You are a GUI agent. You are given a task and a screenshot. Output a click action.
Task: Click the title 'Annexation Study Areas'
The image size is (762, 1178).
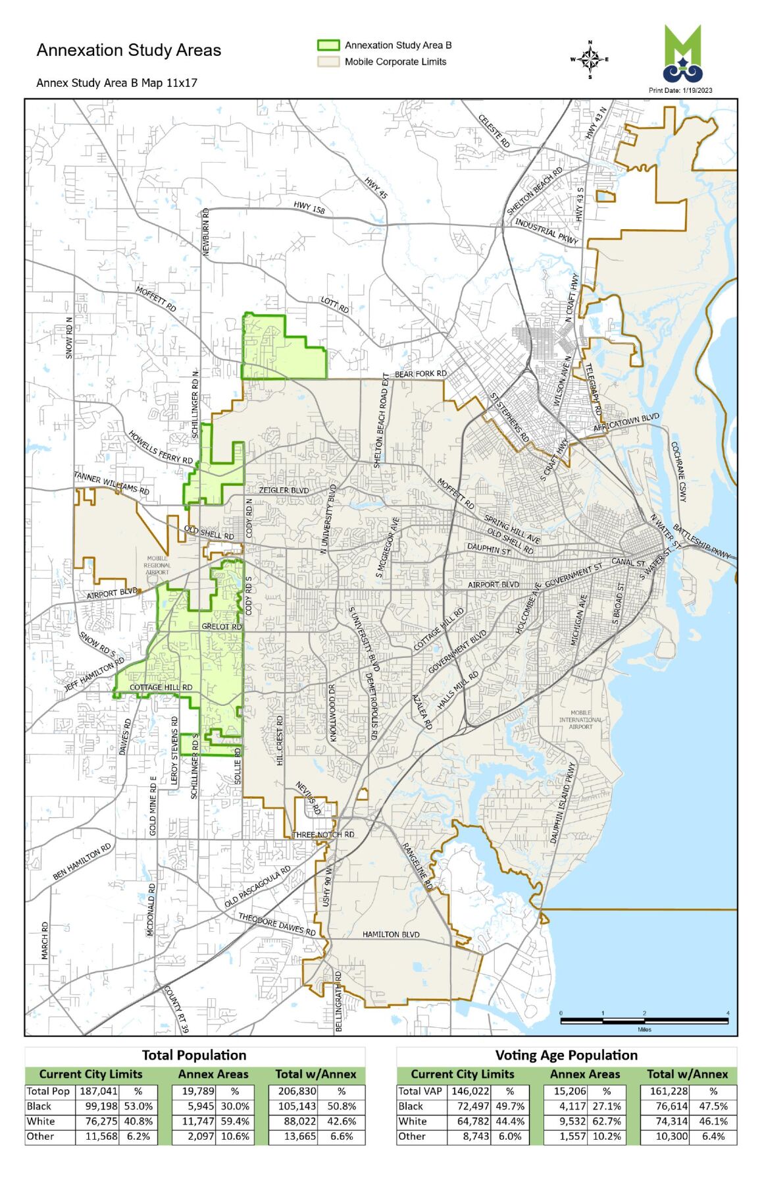click(x=129, y=50)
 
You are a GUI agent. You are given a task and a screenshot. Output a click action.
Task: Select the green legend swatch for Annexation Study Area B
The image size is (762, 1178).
click(x=328, y=45)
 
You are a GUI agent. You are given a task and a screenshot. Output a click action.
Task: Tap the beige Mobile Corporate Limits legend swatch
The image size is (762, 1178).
click(x=328, y=62)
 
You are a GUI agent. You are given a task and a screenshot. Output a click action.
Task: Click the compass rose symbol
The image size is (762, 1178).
click(x=590, y=60)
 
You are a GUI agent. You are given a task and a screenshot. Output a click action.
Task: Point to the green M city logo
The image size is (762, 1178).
click(x=682, y=53)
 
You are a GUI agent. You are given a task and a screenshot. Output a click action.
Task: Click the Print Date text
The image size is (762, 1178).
click(x=680, y=90)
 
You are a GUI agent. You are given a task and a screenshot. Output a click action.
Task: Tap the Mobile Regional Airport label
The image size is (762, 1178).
click(x=157, y=565)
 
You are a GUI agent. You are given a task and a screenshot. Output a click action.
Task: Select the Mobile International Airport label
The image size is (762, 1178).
click(x=580, y=720)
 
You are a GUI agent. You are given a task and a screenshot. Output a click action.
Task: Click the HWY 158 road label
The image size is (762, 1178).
click(x=309, y=208)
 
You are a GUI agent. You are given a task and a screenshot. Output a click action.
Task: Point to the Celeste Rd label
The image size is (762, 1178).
click(x=494, y=130)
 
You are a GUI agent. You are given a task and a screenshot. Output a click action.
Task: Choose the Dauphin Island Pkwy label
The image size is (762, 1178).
click(x=563, y=803)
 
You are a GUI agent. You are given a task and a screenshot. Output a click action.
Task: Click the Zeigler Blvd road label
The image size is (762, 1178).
click(x=284, y=491)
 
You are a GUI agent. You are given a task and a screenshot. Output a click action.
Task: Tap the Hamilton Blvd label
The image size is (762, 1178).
click(x=391, y=934)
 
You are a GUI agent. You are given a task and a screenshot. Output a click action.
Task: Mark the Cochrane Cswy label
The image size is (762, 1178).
click(x=678, y=471)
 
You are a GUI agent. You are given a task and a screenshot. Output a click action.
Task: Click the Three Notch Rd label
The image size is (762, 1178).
click(x=323, y=834)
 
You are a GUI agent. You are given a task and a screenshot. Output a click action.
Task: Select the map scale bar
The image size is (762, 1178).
click(x=644, y=1021)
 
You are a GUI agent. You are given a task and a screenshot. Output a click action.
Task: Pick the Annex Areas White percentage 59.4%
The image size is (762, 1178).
click(x=235, y=1121)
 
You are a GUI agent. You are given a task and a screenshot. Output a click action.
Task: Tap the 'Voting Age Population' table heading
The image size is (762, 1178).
click(x=566, y=1055)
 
